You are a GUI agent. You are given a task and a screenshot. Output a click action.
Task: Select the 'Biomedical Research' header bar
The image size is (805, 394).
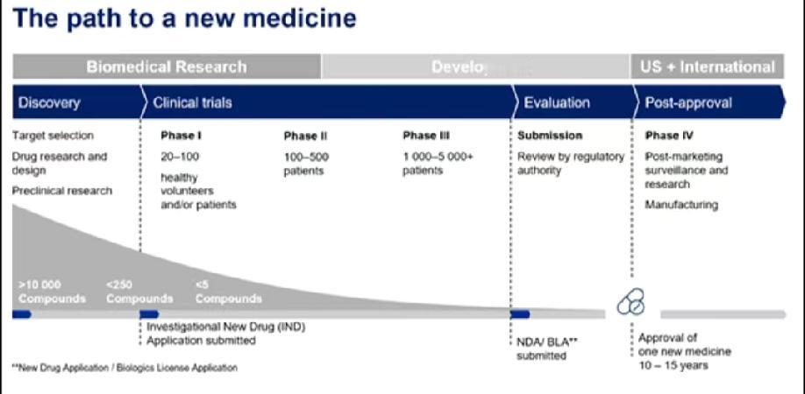coord(167,67)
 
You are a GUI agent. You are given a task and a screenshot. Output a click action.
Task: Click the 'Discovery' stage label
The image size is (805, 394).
coord(49,102)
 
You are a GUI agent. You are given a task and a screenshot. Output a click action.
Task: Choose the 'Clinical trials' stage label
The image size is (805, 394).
coord(192,102)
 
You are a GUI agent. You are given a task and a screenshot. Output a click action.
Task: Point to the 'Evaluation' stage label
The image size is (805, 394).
coord(557,102)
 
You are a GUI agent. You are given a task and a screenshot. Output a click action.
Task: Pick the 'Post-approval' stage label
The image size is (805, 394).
coord(688,102)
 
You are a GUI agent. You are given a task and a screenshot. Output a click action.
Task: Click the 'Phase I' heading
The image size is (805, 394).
coord(182,136)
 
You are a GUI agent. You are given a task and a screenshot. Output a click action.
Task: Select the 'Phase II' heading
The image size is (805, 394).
coord(305,136)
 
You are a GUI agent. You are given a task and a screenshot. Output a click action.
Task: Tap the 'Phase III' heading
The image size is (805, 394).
coord(426,136)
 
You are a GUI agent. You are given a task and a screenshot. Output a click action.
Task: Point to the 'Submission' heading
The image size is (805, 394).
coord(550,136)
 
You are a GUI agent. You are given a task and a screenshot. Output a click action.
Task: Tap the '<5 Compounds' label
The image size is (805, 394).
coord(228,292)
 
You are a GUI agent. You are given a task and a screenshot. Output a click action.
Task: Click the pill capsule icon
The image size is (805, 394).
coord(631,303)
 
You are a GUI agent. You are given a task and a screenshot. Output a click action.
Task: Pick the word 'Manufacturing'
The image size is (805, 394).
coord(681,205)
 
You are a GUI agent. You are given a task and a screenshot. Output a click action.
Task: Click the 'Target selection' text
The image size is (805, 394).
coord(53,136)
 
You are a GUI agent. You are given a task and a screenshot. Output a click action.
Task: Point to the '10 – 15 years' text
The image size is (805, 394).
coord(673,365)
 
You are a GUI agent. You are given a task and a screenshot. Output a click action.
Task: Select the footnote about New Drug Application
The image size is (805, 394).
coord(125,368)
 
